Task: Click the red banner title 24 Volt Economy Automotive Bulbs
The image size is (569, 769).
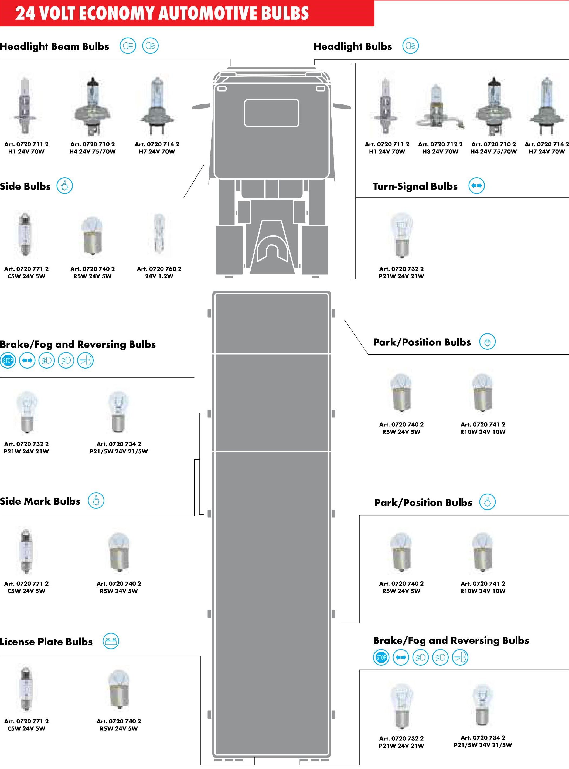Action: (x=162, y=13)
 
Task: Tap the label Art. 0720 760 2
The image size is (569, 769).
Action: (x=159, y=269)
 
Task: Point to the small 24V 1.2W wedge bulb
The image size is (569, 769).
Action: (x=159, y=233)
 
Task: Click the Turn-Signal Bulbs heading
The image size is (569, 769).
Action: (x=415, y=187)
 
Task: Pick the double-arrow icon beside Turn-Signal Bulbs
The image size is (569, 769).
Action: (x=477, y=186)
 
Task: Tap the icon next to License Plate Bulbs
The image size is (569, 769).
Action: (x=111, y=642)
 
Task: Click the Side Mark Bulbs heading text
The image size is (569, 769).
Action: (x=40, y=501)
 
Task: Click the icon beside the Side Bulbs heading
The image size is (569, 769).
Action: (x=65, y=186)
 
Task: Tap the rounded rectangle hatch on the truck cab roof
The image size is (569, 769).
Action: (x=271, y=113)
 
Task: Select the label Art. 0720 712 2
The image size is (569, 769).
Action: (x=440, y=144)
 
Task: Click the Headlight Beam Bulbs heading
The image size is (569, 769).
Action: (x=54, y=46)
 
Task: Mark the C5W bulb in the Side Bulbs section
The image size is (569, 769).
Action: (x=25, y=234)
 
